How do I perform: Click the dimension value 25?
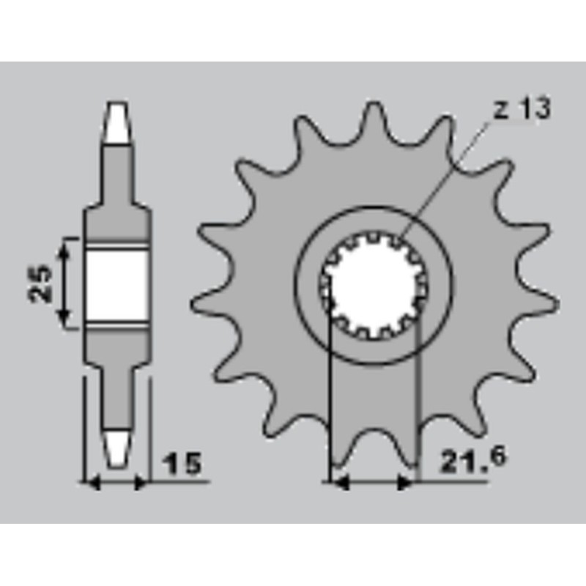(x=40, y=283)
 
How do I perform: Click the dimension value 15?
(x=182, y=464)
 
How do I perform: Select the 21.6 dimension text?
(x=473, y=460)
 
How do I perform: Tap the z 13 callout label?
(x=522, y=108)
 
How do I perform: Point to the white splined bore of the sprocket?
(x=374, y=285)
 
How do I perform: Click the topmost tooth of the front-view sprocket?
(x=373, y=119)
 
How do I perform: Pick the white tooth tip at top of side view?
(x=117, y=122)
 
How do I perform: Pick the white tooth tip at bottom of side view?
(x=117, y=450)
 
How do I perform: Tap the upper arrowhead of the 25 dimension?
(x=64, y=248)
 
